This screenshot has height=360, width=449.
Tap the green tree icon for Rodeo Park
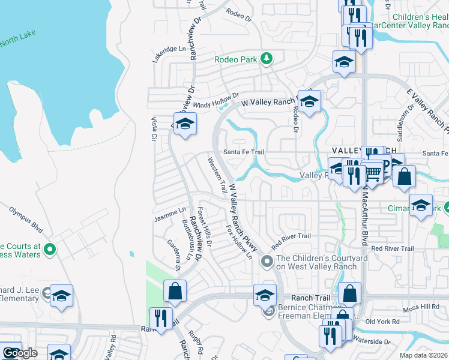click(x=265, y=59)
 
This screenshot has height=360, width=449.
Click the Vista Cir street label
click(x=154, y=128)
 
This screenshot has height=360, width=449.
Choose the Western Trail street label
click(x=217, y=175)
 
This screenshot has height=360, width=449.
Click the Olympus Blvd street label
click(x=26, y=220)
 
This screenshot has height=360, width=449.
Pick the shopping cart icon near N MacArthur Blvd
click(x=373, y=173)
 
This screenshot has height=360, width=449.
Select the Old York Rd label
click(x=379, y=322)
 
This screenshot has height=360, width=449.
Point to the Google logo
click(x=20, y=353)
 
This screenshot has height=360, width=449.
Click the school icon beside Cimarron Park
click(x=421, y=205)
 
